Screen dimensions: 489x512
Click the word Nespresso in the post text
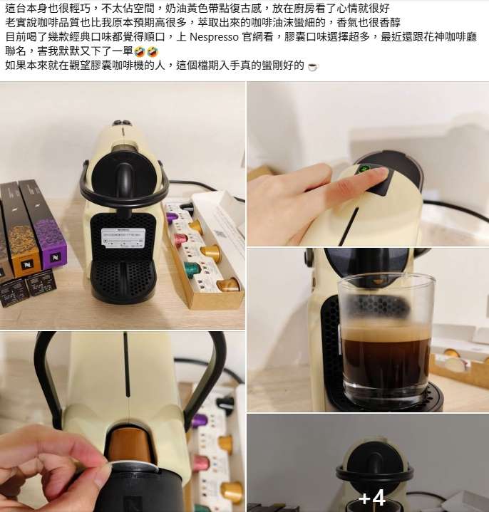[x=214, y=37]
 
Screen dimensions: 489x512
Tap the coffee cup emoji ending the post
[x=313, y=66]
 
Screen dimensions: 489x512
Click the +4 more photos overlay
[x=372, y=498]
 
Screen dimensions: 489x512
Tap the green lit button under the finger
[x=364, y=169]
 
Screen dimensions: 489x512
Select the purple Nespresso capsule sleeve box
[x=43, y=223]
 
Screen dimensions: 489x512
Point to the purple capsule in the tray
[x=172, y=216]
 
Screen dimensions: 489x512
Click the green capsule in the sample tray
[x=192, y=268]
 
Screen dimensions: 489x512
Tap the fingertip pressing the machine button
[x=379, y=175]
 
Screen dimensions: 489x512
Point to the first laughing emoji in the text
[x=140, y=51]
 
